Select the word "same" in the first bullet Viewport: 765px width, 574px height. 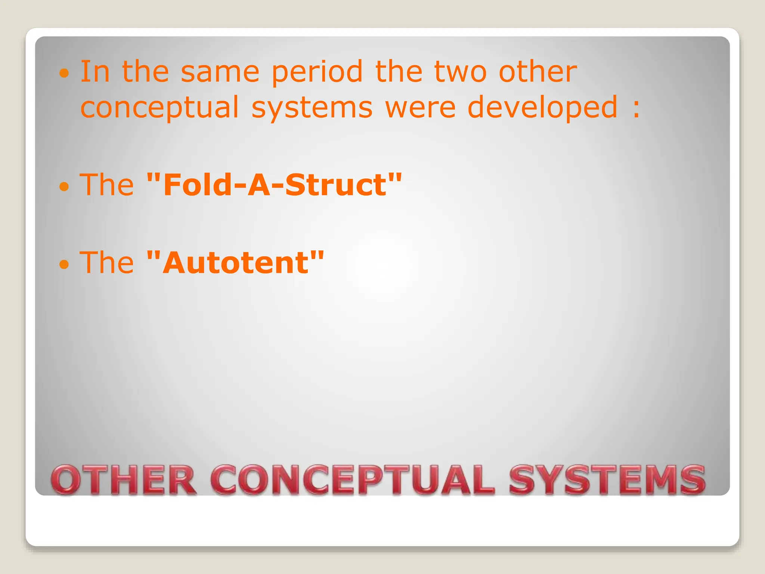tap(220, 72)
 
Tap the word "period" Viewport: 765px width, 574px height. tap(317, 72)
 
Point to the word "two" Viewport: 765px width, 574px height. tap(461, 72)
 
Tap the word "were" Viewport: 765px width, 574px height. tap(420, 108)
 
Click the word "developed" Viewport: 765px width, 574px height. tap(542, 108)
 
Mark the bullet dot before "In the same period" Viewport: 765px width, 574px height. tap(64, 73)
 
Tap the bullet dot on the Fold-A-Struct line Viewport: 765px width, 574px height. tap(64, 186)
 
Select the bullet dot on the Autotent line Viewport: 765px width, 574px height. tap(64, 264)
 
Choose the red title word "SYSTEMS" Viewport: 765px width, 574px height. tap(607, 480)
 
